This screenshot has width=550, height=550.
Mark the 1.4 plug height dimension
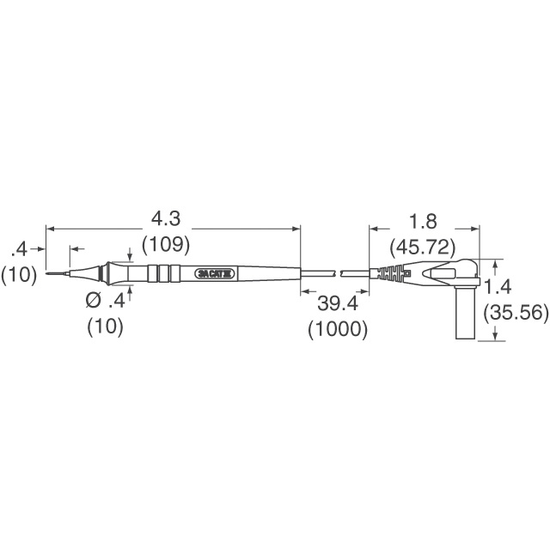498,285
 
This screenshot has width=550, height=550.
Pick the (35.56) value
516,314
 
